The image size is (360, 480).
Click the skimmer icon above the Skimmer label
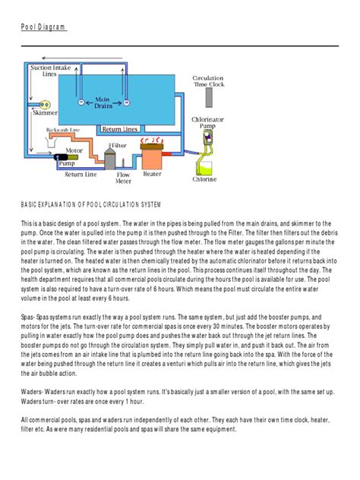click(x=44, y=104)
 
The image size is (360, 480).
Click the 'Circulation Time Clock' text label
click(x=207, y=83)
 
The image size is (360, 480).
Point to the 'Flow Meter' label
click(x=123, y=178)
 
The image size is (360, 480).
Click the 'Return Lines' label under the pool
click(x=119, y=129)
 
